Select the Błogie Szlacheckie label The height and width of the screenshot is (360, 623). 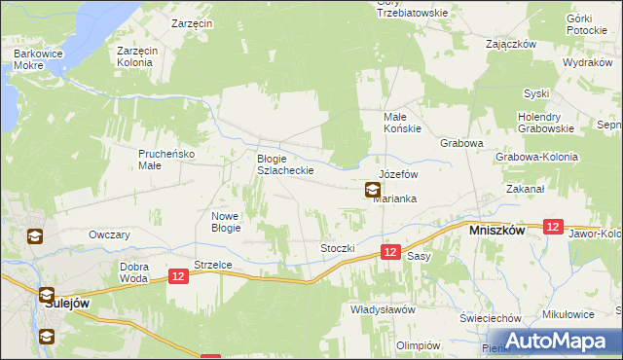pos(284,164)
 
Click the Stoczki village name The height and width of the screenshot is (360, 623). pos(338,248)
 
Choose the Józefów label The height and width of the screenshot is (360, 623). pos(398,174)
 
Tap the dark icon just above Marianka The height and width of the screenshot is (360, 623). pos(373,191)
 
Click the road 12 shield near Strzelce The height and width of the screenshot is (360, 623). pos(177,276)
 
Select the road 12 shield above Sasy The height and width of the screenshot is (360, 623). pos(389,252)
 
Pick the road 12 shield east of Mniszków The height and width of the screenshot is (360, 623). pos(553,226)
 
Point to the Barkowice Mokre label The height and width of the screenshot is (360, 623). pos(34,59)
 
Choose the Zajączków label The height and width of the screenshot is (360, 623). pos(512,44)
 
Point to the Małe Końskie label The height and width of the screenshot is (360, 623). pos(397,123)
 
